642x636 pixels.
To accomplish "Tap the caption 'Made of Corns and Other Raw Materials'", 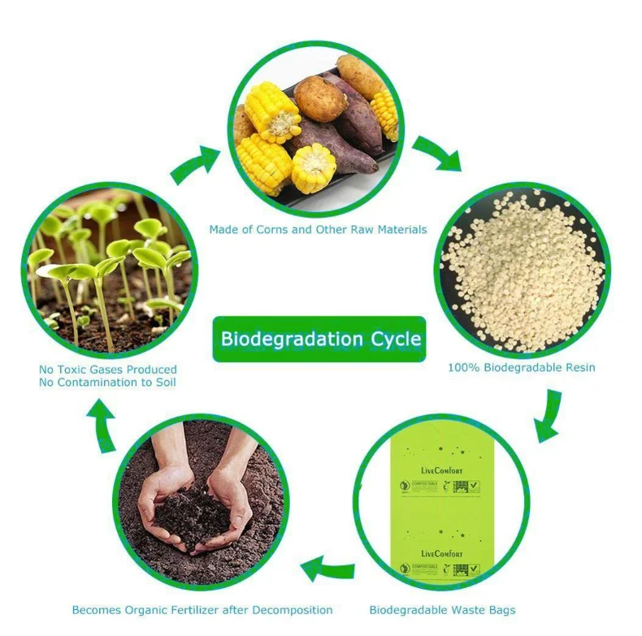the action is point(318,230).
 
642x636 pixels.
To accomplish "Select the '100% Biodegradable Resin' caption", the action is point(521,367).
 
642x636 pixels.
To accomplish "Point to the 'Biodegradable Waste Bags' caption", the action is point(442,610).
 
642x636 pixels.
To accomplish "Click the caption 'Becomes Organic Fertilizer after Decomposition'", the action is point(202,610).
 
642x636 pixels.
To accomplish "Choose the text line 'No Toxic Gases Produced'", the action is point(108,370).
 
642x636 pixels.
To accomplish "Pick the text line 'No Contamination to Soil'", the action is point(108,383).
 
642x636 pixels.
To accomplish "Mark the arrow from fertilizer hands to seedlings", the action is point(103,426).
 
